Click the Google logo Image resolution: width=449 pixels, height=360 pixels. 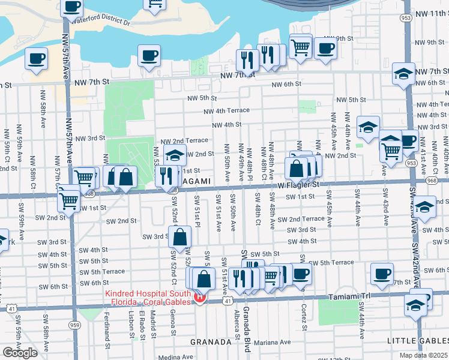tap(20, 353)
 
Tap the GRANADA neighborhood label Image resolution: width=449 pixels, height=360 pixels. tap(211, 341)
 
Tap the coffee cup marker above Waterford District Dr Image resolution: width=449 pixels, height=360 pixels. tap(71, 7)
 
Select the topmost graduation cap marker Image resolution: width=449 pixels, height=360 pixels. tap(404, 74)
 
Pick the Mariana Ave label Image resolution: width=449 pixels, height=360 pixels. tap(272, 343)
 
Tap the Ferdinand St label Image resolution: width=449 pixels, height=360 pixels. tap(107, 330)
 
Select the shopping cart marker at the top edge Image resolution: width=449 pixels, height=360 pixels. tap(154, 5)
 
